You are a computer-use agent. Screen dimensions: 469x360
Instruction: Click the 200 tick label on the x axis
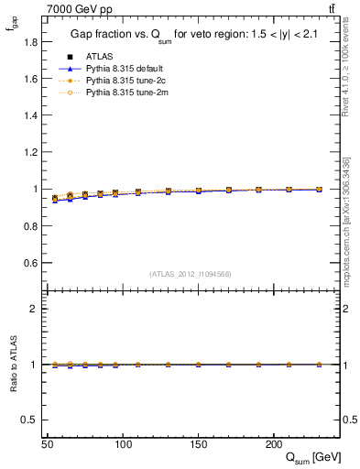point(273,443)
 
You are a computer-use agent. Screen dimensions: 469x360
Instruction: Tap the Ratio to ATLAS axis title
point(12,365)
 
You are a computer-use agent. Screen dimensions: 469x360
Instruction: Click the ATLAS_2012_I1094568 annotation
point(191,273)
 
